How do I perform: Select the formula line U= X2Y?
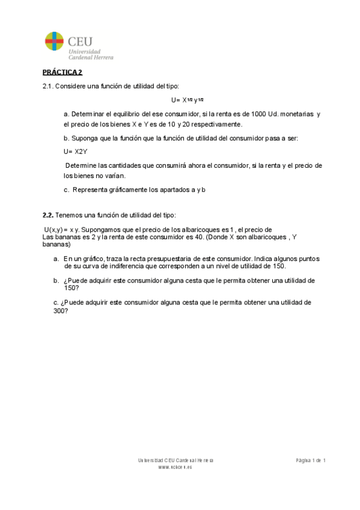pos(75,152)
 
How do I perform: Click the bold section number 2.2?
pos(48,215)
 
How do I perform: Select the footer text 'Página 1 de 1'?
pos(311,460)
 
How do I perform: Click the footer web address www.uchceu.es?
pos(175,467)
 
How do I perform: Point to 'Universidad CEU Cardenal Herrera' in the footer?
pos(175,460)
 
